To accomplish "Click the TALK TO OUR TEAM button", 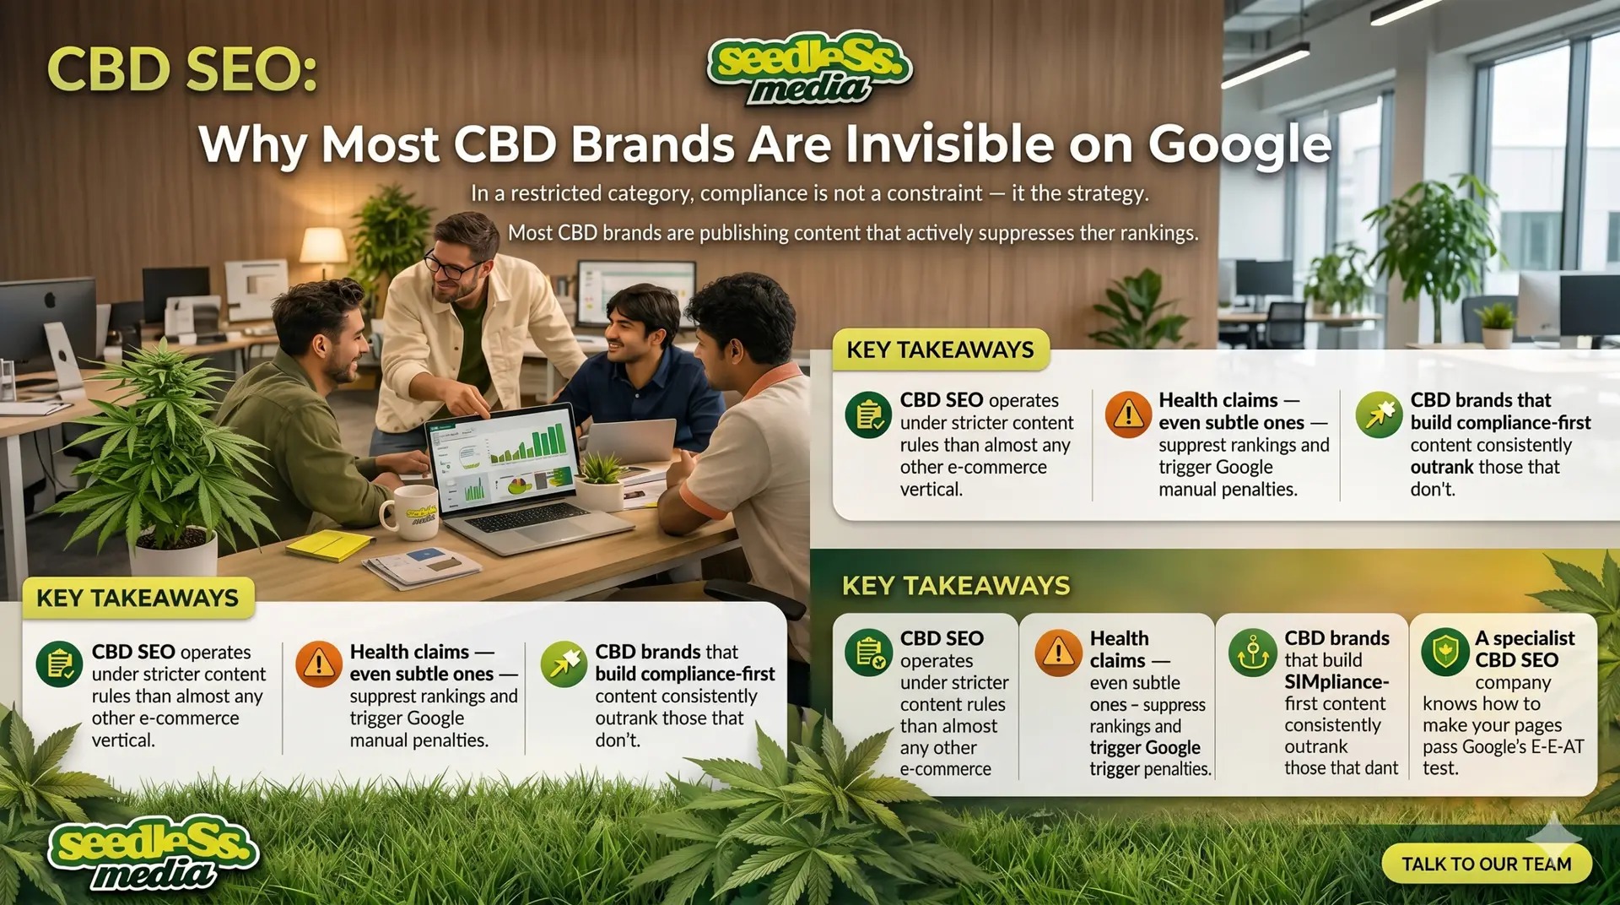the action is click(x=1487, y=864).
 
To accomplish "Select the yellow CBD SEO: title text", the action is click(x=182, y=69).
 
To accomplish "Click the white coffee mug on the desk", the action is click(x=411, y=512).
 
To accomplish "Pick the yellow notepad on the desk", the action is click(x=329, y=545).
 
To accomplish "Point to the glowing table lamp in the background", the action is click(x=324, y=245).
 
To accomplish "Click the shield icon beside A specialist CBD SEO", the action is click(x=1445, y=653).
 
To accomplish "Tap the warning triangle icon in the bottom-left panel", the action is click(x=319, y=664).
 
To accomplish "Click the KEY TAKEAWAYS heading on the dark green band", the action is click(x=956, y=585).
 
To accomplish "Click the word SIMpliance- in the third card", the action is click(x=1336, y=681).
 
